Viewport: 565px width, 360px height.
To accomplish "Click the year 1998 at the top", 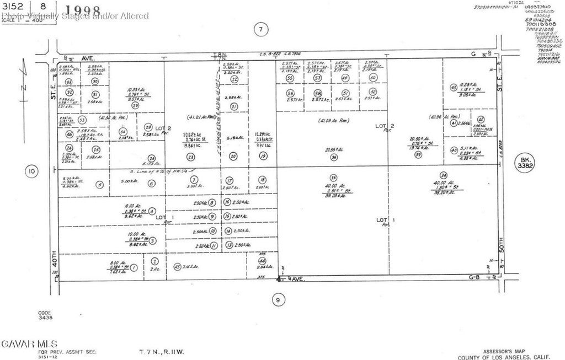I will [x=83, y=10].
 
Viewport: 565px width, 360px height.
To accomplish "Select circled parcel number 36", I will [x=333, y=157].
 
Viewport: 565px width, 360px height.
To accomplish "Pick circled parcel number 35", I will [x=333, y=178].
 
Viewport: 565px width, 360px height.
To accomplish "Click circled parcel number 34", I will [x=443, y=175].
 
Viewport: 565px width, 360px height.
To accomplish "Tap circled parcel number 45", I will [x=177, y=267].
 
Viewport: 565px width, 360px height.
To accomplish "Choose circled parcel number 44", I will [x=262, y=261].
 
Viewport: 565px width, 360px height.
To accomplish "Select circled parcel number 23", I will [x=190, y=157].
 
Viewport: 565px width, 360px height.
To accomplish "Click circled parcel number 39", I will [x=418, y=155].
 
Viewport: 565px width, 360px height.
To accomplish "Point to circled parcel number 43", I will [x=453, y=87].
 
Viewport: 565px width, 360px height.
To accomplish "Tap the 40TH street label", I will [x=54, y=265].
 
